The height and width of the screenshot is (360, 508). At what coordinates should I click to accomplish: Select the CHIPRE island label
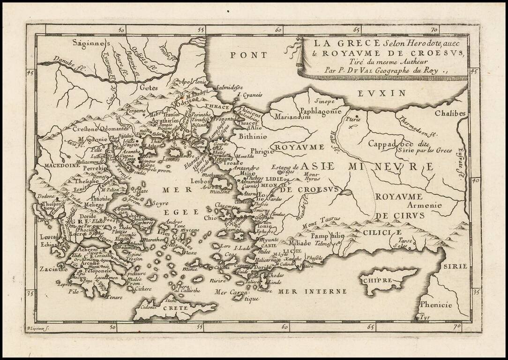376,280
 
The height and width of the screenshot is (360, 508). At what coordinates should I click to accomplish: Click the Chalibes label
450,113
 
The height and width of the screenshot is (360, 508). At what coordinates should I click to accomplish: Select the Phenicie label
436,305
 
